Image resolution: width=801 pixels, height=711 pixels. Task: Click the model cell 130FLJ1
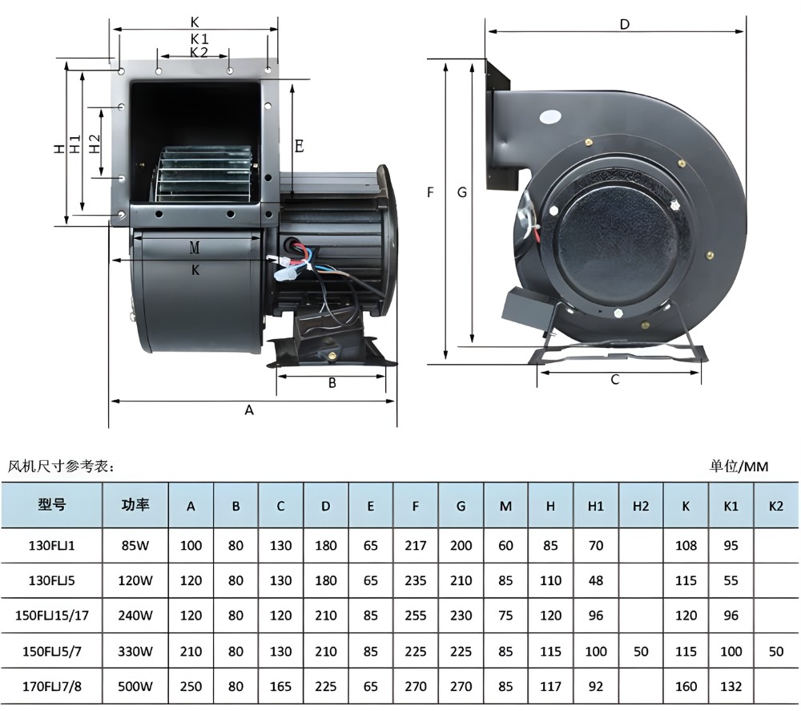[x=51, y=546]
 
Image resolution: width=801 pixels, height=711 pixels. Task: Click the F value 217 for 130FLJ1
[x=415, y=546]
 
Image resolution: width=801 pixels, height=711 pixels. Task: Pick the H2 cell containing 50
[x=641, y=652]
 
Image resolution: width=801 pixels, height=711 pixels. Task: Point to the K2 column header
[x=775, y=506]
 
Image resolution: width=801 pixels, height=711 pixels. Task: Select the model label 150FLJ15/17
[x=51, y=616]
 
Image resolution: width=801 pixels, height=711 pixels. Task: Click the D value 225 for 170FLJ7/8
[x=325, y=686]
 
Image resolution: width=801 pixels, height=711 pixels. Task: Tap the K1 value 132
[x=731, y=686]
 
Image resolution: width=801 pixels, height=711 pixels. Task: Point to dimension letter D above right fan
[x=625, y=24]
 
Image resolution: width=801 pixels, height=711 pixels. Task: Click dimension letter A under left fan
[x=249, y=410]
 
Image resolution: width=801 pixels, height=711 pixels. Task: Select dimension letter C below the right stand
[x=615, y=380]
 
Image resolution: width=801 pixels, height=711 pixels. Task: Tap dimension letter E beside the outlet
[x=299, y=146]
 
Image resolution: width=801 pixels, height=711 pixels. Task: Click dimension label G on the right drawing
[x=461, y=192]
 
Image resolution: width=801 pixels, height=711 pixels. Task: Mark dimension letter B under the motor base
[x=332, y=383]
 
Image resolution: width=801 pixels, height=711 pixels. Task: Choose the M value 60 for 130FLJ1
[x=505, y=546]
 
